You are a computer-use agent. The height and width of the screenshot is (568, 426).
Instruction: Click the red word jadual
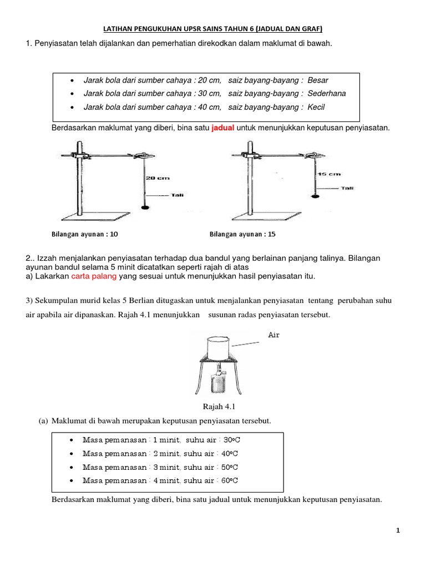pos(223,128)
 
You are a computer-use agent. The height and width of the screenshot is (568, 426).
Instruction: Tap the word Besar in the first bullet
pos(318,80)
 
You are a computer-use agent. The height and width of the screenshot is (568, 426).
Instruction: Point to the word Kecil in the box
pos(316,107)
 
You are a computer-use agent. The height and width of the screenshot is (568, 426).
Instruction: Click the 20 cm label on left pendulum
pos(158,178)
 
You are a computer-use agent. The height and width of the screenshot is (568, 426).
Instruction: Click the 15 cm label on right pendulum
pos(328,174)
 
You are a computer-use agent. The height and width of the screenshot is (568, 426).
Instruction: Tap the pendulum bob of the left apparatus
pos(145,207)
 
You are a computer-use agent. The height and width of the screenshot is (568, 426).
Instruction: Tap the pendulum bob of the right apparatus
pos(316,194)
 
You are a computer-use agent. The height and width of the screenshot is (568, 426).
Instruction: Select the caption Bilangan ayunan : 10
pos(85,234)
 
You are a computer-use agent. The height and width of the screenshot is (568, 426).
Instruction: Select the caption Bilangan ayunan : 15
pos(242,234)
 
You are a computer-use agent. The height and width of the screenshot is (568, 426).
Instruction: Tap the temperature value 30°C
pos(231,440)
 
